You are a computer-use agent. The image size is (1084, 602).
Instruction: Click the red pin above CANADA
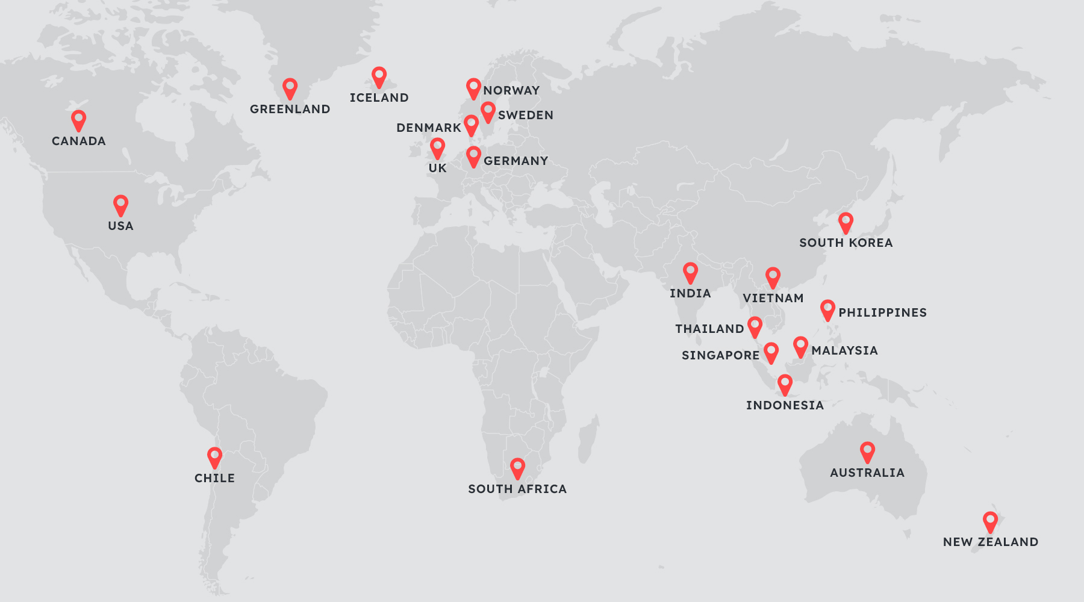click(x=78, y=120)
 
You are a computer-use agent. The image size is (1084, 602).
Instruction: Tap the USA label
click(x=120, y=226)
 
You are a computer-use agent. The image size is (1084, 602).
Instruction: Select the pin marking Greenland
click(x=290, y=88)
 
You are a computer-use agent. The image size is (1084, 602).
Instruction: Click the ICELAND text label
click(x=379, y=98)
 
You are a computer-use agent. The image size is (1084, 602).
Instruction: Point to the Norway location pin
click(x=473, y=88)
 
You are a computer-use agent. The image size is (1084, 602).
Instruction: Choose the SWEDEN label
click(x=525, y=116)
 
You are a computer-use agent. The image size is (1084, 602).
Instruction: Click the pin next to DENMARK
click(x=471, y=125)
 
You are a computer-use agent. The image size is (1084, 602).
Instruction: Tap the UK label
click(x=438, y=169)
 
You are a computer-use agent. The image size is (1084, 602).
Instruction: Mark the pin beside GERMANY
click(x=474, y=156)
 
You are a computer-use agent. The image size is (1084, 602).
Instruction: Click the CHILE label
click(x=214, y=479)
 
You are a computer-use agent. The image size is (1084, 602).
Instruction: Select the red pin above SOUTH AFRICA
click(x=517, y=468)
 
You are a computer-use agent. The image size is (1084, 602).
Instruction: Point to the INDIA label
click(x=690, y=294)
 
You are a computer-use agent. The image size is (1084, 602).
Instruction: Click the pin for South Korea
click(x=846, y=222)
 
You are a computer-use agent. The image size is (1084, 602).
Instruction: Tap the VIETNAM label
click(x=773, y=299)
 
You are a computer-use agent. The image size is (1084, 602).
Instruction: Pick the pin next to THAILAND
click(x=755, y=326)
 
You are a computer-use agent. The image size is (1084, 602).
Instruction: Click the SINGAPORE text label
click(x=720, y=356)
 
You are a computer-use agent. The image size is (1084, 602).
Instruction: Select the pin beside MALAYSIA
click(x=800, y=346)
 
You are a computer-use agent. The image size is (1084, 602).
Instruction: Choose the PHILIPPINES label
click(x=882, y=313)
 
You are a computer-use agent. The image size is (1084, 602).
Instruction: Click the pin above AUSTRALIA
click(x=867, y=451)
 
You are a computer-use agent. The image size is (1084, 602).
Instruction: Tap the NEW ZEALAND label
click(x=990, y=542)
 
